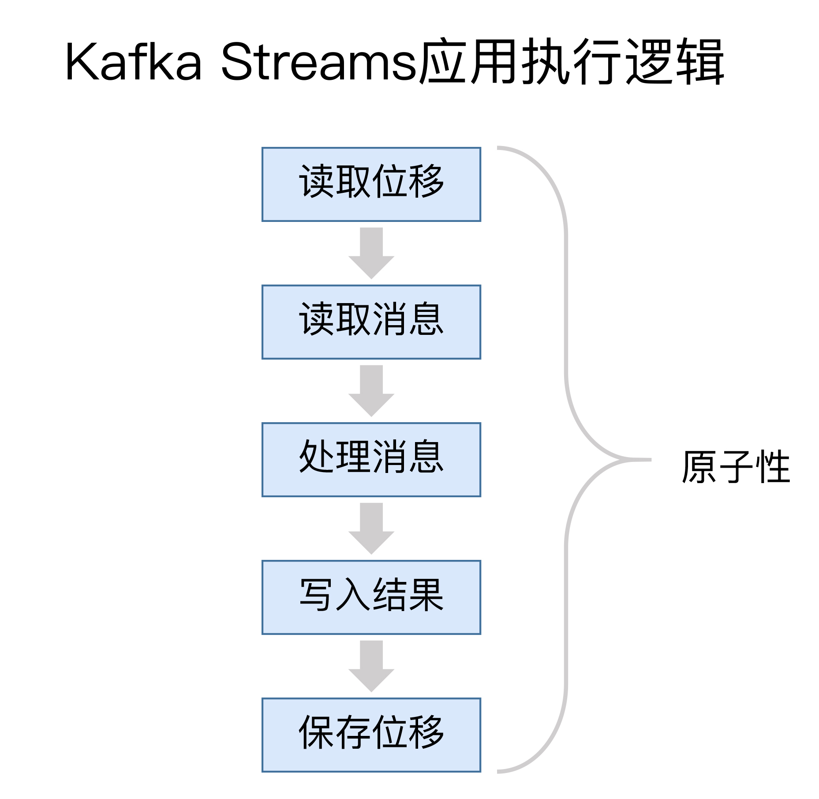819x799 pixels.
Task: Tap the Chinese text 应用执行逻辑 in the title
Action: click(572, 61)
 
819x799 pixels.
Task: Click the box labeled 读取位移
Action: click(371, 184)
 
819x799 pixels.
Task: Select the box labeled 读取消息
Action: click(371, 322)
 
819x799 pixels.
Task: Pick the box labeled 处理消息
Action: click(371, 460)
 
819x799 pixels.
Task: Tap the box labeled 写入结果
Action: click(371, 597)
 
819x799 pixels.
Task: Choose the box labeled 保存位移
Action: click(371, 735)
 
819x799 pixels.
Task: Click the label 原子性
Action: click(736, 467)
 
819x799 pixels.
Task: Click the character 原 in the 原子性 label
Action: click(699, 467)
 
